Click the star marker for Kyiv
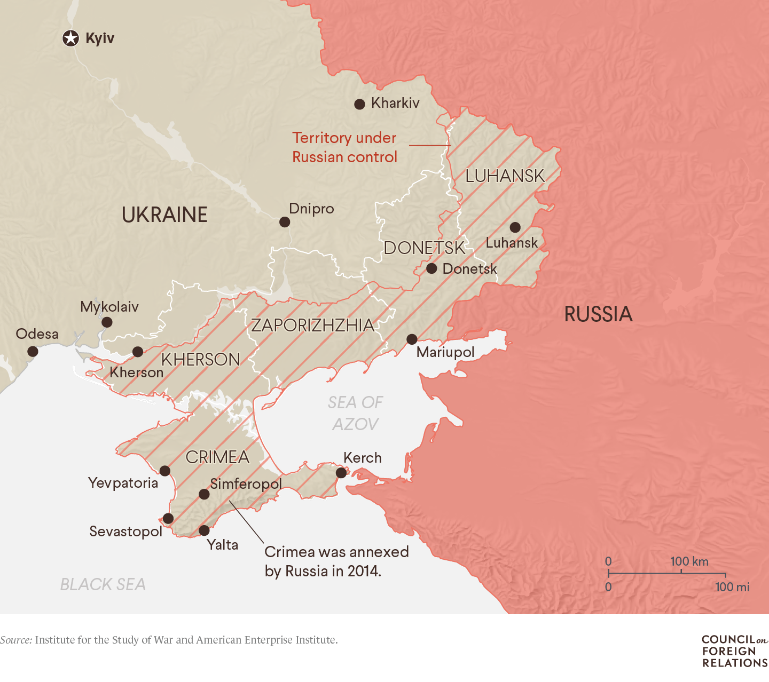tap(70, 38)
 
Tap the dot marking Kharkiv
tap(360, 104)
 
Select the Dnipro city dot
tap(285, 222)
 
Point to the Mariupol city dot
tap(412, 339)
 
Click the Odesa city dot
tap(33, 351)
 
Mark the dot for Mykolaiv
tap(107, 322)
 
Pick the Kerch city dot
tap(341, 473)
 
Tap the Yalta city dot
tap(204, 530)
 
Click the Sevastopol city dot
tap(168, 518)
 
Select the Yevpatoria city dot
tap(165, 471)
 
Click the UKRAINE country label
tap(164, 215)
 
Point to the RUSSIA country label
tap(598, 314)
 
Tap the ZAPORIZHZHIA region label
tap(312, 325)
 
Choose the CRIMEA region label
tap(217, 457)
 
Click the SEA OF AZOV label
tap(355, 413)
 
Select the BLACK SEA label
tap(103, 584)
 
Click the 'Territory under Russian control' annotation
tap(344, 147)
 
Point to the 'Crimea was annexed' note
tap(336, 561)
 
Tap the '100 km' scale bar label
tap(689, 561)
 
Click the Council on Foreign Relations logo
tap(734, 651)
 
